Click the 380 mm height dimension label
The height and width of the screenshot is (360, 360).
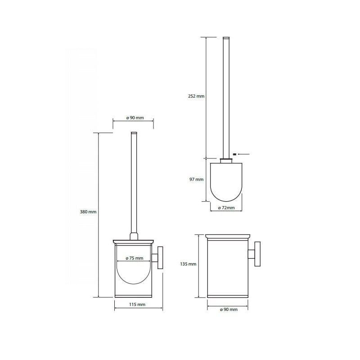point(88,211)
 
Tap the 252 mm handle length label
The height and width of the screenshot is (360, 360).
point(196,96)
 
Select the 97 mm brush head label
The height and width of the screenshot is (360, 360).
point(197,179)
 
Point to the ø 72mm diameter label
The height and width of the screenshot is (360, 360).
point(226,208)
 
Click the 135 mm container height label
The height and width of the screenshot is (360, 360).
point(188,264)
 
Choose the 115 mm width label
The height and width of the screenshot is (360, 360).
point(137,305)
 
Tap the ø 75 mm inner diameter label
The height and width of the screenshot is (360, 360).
point(134,258)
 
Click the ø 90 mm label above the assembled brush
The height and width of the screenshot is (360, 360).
point(135,118)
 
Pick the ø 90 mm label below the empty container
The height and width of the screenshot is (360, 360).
point(229,310)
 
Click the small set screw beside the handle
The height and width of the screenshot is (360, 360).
point(234,154)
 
